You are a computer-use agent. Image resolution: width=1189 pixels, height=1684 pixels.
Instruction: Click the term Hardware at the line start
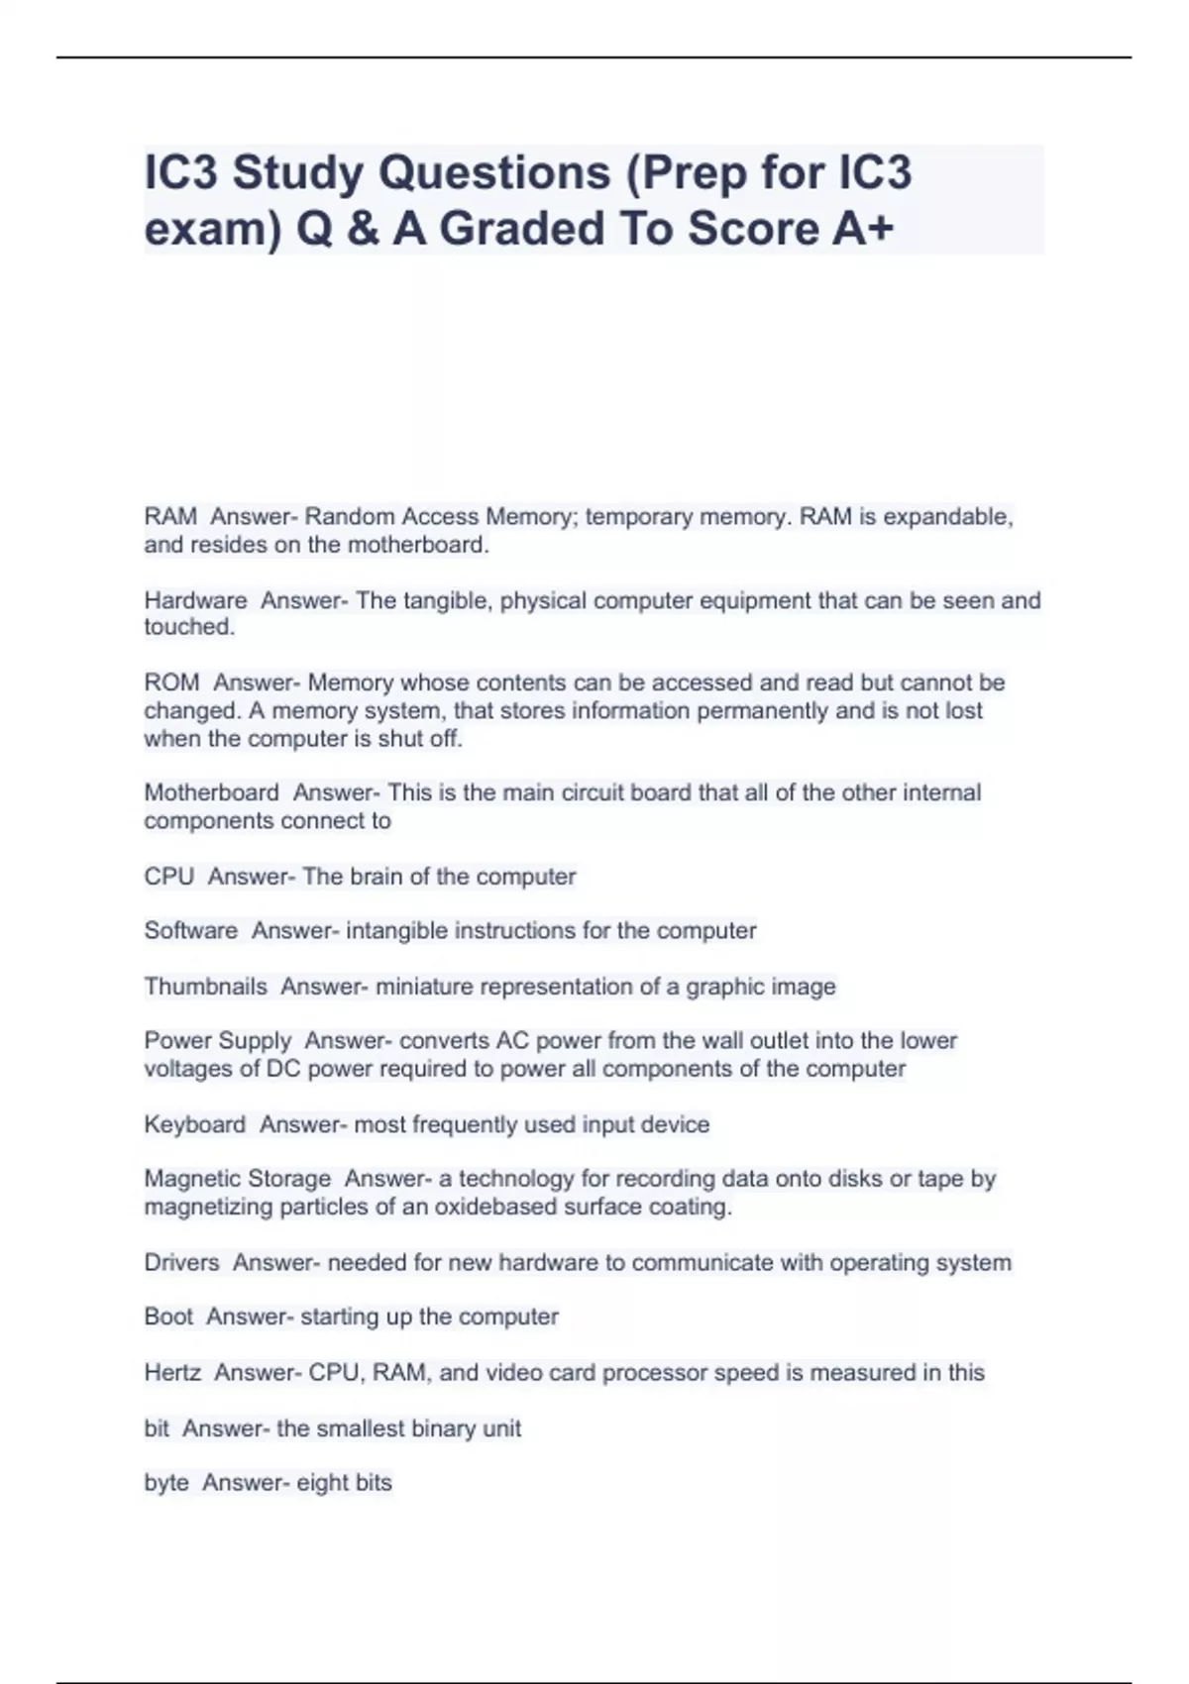pyautogui.click(x=195, y=600)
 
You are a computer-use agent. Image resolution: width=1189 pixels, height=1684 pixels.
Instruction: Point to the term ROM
pyautogui.click(x=171, y=683)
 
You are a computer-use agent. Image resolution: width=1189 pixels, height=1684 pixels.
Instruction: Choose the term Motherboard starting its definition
pyautogui.click(x=211, y=792)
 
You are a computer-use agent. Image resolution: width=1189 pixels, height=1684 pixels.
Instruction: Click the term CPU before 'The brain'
pyautogui.click(x=168, y=877)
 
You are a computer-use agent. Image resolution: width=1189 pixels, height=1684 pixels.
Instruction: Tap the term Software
pyautogui.click(x=190, y=931)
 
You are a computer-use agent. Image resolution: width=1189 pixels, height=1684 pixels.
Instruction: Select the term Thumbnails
pyautogui.click(x=205, y=987)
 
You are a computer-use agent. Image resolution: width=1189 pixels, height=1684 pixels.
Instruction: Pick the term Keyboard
pyautogui.click(x=194, y=1125)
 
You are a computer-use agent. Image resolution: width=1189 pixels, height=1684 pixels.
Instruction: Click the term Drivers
pyautogui.click(x=181, y=1263)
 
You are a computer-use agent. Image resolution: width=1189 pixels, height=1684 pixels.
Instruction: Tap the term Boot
pyautogui.click(x=168, y=1316)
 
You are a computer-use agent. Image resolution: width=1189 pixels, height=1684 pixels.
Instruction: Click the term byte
pyautogui.click(x=166, y=1483)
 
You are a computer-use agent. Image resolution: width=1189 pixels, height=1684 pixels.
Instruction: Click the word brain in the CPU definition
pyautogui.click(x=372, y=877)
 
